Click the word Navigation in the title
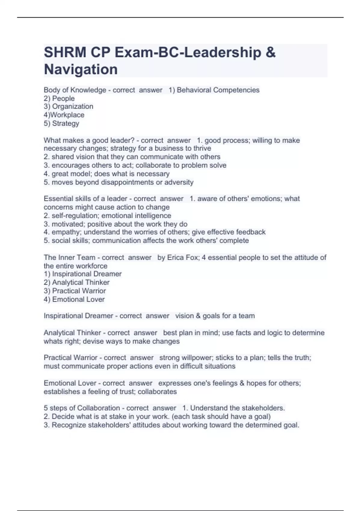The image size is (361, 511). [81, 69]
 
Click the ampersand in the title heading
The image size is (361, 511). [270, 52]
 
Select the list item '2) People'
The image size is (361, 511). [59, 98]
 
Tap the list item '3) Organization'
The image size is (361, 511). [69, 106]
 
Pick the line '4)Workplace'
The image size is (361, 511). [64, 115]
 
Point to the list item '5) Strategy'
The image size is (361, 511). [61, 123]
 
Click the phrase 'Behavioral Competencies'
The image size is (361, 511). [218, 90]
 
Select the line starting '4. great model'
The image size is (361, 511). [107, 174]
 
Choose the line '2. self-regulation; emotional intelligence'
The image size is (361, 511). [107, 216]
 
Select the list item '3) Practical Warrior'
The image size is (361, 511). [75, 291]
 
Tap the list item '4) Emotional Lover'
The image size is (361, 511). [74, 299]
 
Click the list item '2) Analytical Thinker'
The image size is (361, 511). [76, 282]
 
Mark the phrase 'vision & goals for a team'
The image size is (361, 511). [215, 316]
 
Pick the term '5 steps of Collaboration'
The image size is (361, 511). [82, 408]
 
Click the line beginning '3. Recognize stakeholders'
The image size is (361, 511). [171, 425]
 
